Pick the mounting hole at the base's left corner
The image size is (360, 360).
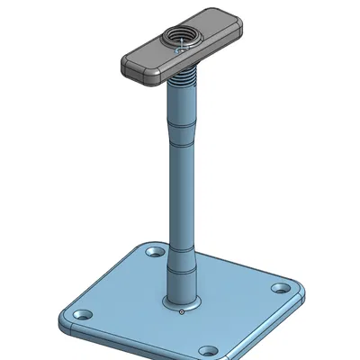pos(84,315)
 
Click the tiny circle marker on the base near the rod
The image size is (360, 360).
pos(182,312)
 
